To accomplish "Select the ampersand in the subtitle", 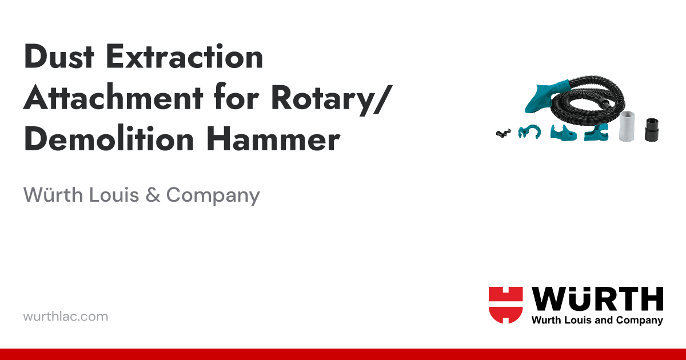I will tap(153, 195).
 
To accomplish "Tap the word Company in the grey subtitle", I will tap(213, 195).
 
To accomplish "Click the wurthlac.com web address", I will tap(65, 316).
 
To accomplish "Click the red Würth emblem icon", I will tap(505, 305).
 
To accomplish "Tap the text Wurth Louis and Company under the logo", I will tap(597, 321).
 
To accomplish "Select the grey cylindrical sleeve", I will tap(628, 125).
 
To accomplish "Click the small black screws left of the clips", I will tap(504, 133).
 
